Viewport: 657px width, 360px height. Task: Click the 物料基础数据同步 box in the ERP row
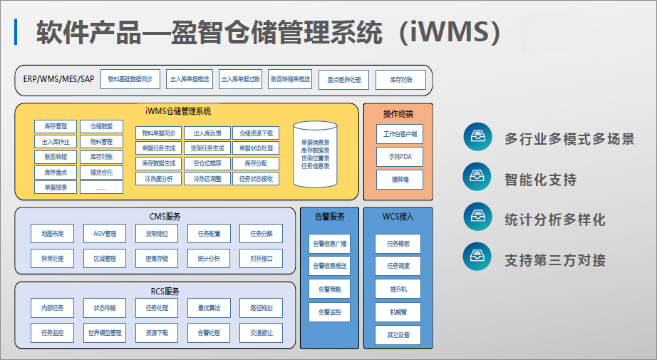coord(130,80)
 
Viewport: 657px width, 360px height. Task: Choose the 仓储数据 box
coord(101,126)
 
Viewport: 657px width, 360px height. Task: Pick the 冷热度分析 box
coord(158,178)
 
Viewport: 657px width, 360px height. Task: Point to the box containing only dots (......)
coord(101,187)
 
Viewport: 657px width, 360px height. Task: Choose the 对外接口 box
coord(262,257)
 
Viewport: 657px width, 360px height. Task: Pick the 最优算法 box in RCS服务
coord(209,308)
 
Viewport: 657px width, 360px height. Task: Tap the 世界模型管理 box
coord(105,332)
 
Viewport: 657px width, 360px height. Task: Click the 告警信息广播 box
coord(330,244)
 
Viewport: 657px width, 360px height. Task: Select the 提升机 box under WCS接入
coord(398,289)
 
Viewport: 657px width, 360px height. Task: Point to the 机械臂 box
coord(398,312)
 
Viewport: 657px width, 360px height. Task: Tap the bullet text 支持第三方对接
coord(554,260)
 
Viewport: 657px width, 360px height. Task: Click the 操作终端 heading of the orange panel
coord(398,113)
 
